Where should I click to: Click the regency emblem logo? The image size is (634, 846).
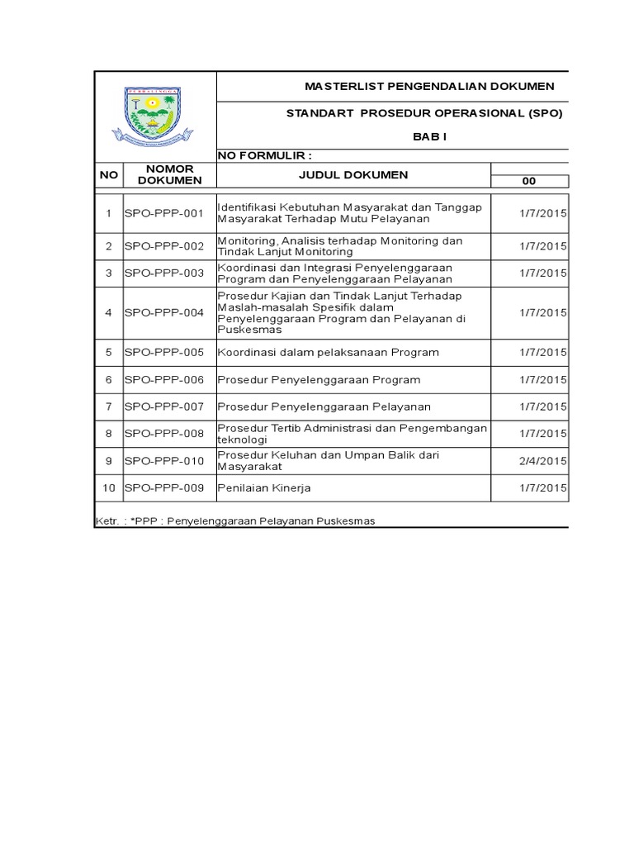coord(155,116)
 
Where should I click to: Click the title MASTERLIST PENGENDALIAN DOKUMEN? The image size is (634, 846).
coord(429,87)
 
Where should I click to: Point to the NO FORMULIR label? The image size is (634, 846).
coord(264,155)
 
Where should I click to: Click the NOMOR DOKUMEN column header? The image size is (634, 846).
coord(169,174)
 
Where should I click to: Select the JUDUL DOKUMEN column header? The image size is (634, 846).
coord(353,174)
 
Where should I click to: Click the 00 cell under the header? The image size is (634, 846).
coord(531,183)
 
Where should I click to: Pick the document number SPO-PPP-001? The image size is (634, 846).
coord(163,213)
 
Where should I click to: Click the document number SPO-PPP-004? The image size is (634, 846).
coord(163,312)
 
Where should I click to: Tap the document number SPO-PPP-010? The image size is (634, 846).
coord(163,461)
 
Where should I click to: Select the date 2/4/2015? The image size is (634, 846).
coord(542,461)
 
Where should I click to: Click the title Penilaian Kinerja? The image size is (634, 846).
coord(264,488)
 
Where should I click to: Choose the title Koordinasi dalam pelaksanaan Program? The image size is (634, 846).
coord(328,352)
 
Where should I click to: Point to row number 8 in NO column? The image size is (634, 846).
coord(108,433)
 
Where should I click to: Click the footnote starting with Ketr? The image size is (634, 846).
coord(235,521)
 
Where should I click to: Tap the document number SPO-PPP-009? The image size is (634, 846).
coord(163,488)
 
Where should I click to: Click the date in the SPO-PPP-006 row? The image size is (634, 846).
coord(542,379)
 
